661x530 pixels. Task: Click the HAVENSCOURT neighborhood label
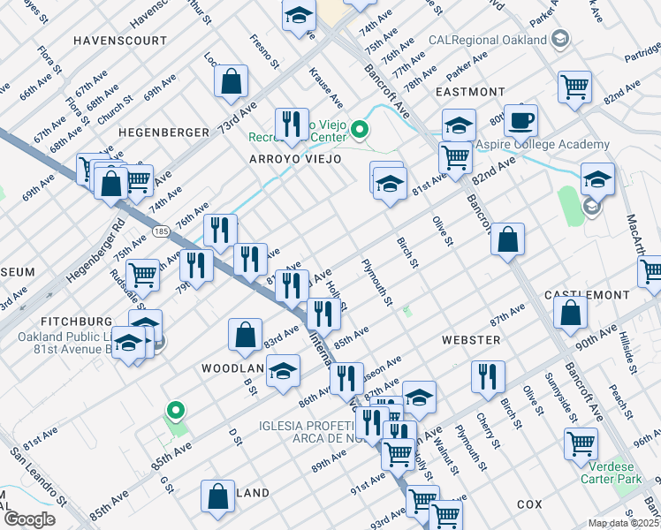click(x=120, y=42)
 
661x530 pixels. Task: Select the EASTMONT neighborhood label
click(x=470, y=92)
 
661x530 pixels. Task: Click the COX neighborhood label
click(x=529, y=504)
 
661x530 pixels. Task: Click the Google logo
click(x=30, y=519)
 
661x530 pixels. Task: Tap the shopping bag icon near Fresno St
click(x=231, y=82)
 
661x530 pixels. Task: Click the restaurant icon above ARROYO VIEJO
click(x=292, y=124)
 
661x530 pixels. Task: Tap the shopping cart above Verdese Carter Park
click(x=581, y=442)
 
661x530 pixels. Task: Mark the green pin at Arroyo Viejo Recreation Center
click(x=359, y=132)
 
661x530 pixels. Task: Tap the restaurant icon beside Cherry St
click(x=488, y=376)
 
